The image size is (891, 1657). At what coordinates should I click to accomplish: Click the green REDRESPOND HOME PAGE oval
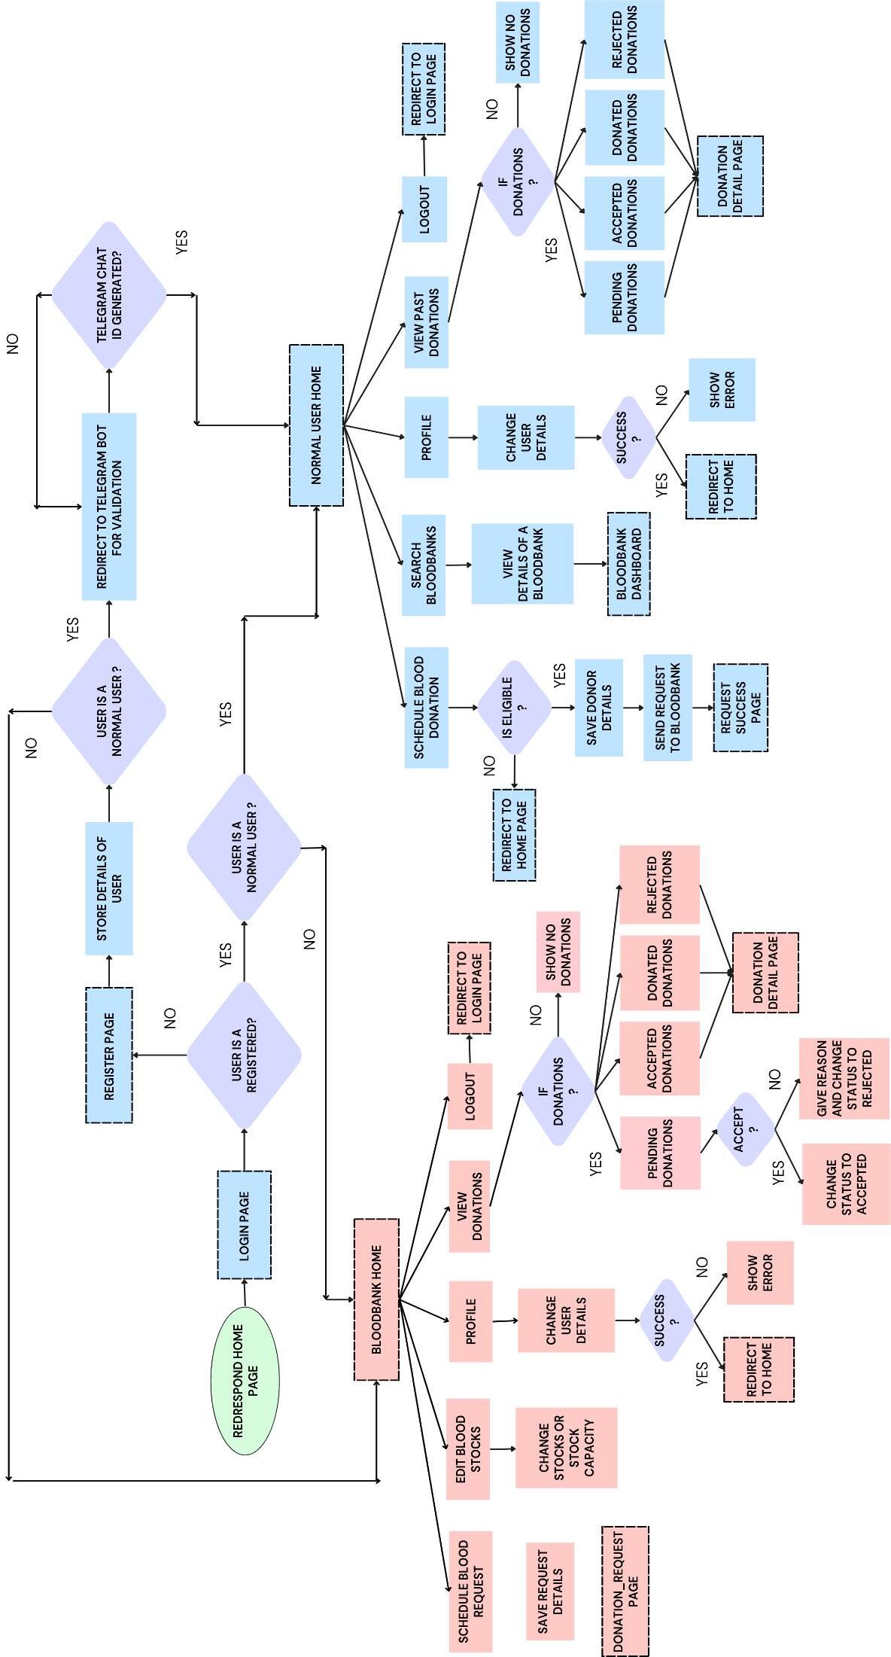(x=245, y=1380)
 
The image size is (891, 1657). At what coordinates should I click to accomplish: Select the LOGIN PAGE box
(x=244, y=1224)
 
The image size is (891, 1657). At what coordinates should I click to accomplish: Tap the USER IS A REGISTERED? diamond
(x=244, y=1055)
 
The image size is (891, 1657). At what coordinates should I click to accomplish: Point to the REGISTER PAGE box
(x=109, y=1055)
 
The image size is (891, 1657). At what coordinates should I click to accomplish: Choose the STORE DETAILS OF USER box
(x=109, y=888)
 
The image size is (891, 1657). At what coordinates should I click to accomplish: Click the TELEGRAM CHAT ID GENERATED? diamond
(x=109, y=294)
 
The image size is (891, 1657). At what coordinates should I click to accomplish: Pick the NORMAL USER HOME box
(x=316, y=425)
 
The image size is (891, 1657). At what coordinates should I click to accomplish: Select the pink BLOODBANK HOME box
(x=376, y=1299)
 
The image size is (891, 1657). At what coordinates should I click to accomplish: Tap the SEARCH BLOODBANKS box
(x=424, y=565)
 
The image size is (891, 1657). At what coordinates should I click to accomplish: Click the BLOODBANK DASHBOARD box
(x=628, y=565)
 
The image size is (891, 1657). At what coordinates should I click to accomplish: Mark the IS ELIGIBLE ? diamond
(x=515, y=706)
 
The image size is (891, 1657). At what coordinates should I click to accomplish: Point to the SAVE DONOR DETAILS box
(x=599, y=707)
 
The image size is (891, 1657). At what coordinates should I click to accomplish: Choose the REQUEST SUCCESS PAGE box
(x=740, y=707)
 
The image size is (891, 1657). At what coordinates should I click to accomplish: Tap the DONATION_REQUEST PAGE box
(x=625, y=1591)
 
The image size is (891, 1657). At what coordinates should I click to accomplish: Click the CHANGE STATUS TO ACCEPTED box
(x=846, y=1183)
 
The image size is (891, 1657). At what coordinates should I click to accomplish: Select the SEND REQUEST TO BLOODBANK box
(x=667, y=707)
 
